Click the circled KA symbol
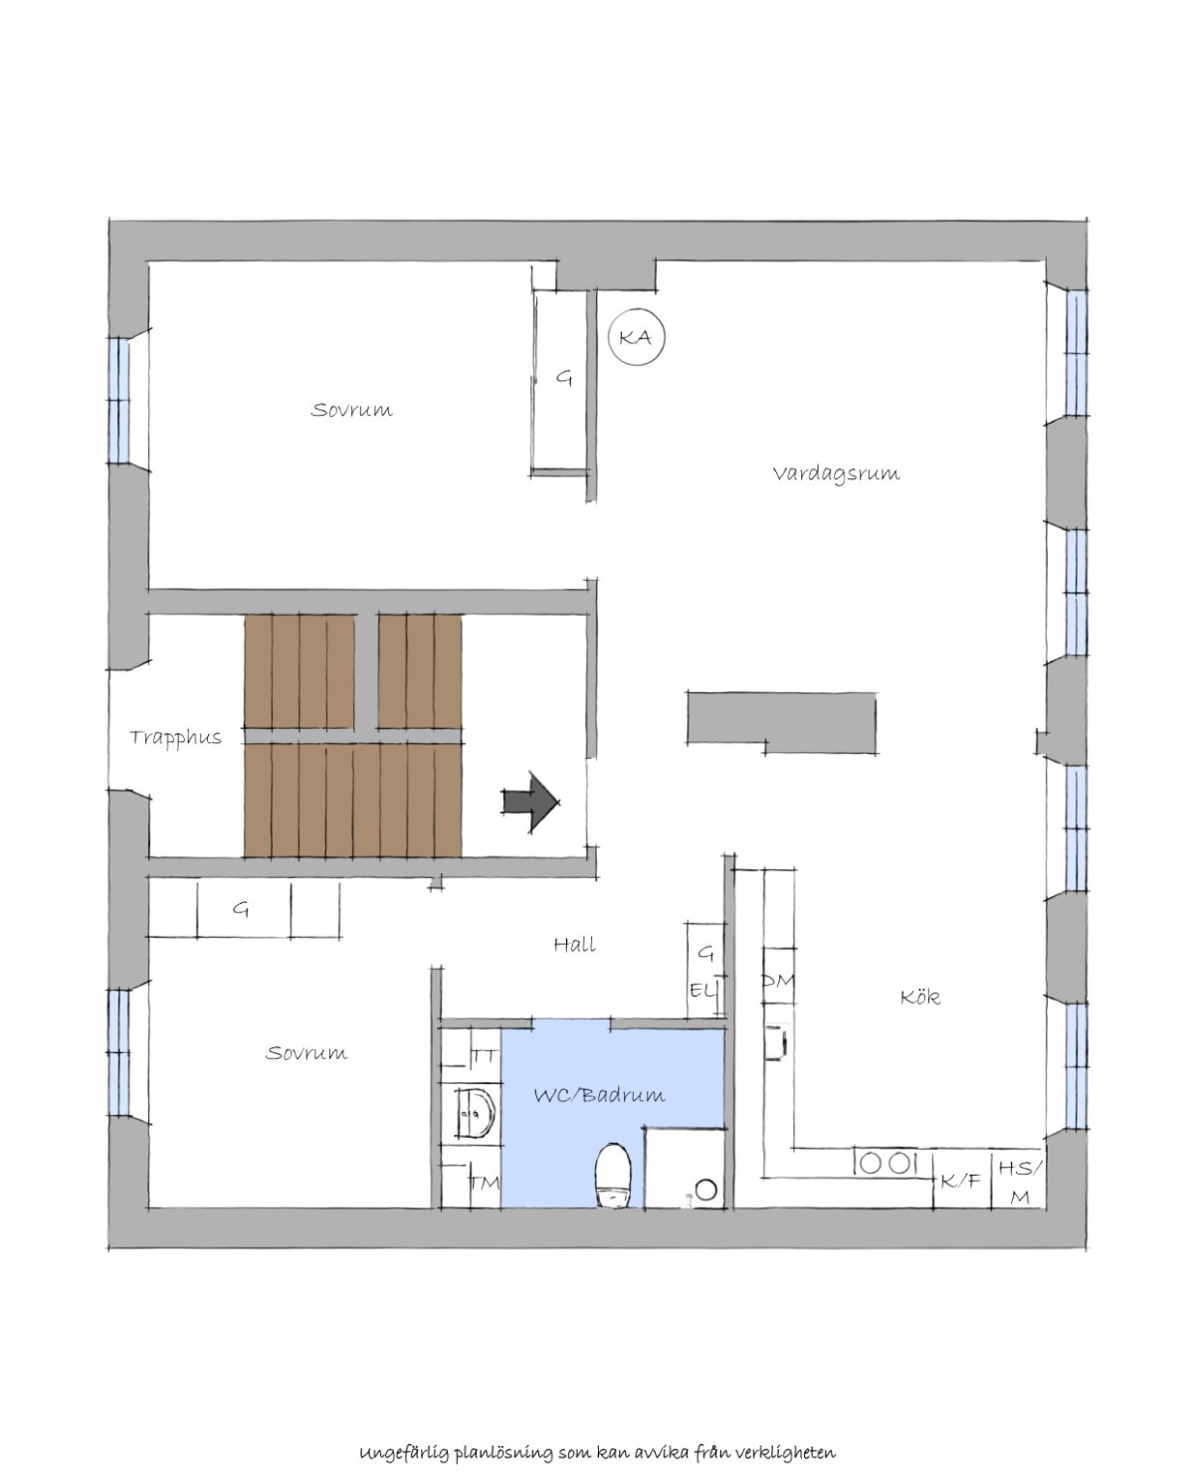635,337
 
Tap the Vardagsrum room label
836,474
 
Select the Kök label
919,997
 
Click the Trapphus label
175,738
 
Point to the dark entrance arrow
530,803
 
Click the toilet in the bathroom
613,1175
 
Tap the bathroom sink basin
476,1114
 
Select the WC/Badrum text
599,1095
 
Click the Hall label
574,945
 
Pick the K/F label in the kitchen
960,1181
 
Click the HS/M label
1020,1183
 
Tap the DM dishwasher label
777,981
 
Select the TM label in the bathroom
485,1183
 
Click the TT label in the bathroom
484,1056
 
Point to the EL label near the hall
701,991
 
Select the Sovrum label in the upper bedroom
351,410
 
